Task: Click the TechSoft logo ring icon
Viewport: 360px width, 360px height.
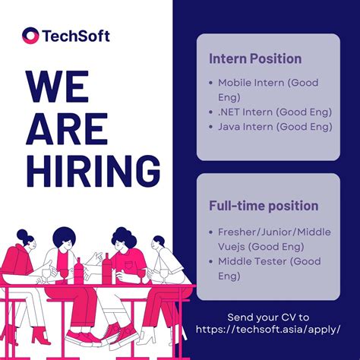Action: point(31,36)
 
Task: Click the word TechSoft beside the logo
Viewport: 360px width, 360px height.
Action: point(75,36)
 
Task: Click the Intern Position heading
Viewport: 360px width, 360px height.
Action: point(255,58)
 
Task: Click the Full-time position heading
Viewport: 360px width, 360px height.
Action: point(264,206)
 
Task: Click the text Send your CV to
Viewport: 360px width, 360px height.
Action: point(268,317)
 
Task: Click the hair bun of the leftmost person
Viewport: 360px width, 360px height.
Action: point(22,234)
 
